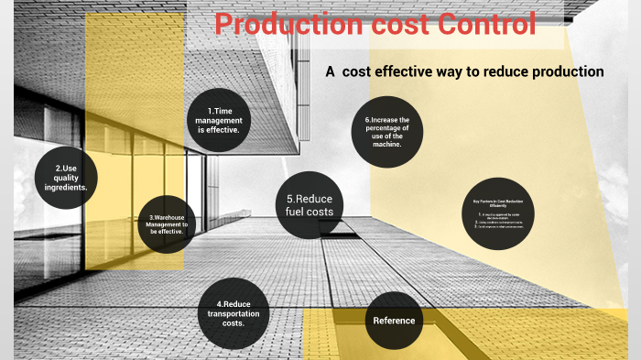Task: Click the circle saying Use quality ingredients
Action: tap(66, 176)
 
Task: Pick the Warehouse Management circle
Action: tap(167, 225)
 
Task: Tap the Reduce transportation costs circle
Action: tap(234, 313)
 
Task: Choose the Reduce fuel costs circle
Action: tap(309, 206)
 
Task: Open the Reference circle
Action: tap(394, 320)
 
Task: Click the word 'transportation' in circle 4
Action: tap(234, 313)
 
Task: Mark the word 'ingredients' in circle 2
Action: tap(66, 187)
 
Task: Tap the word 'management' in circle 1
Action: tap(219, 120)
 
